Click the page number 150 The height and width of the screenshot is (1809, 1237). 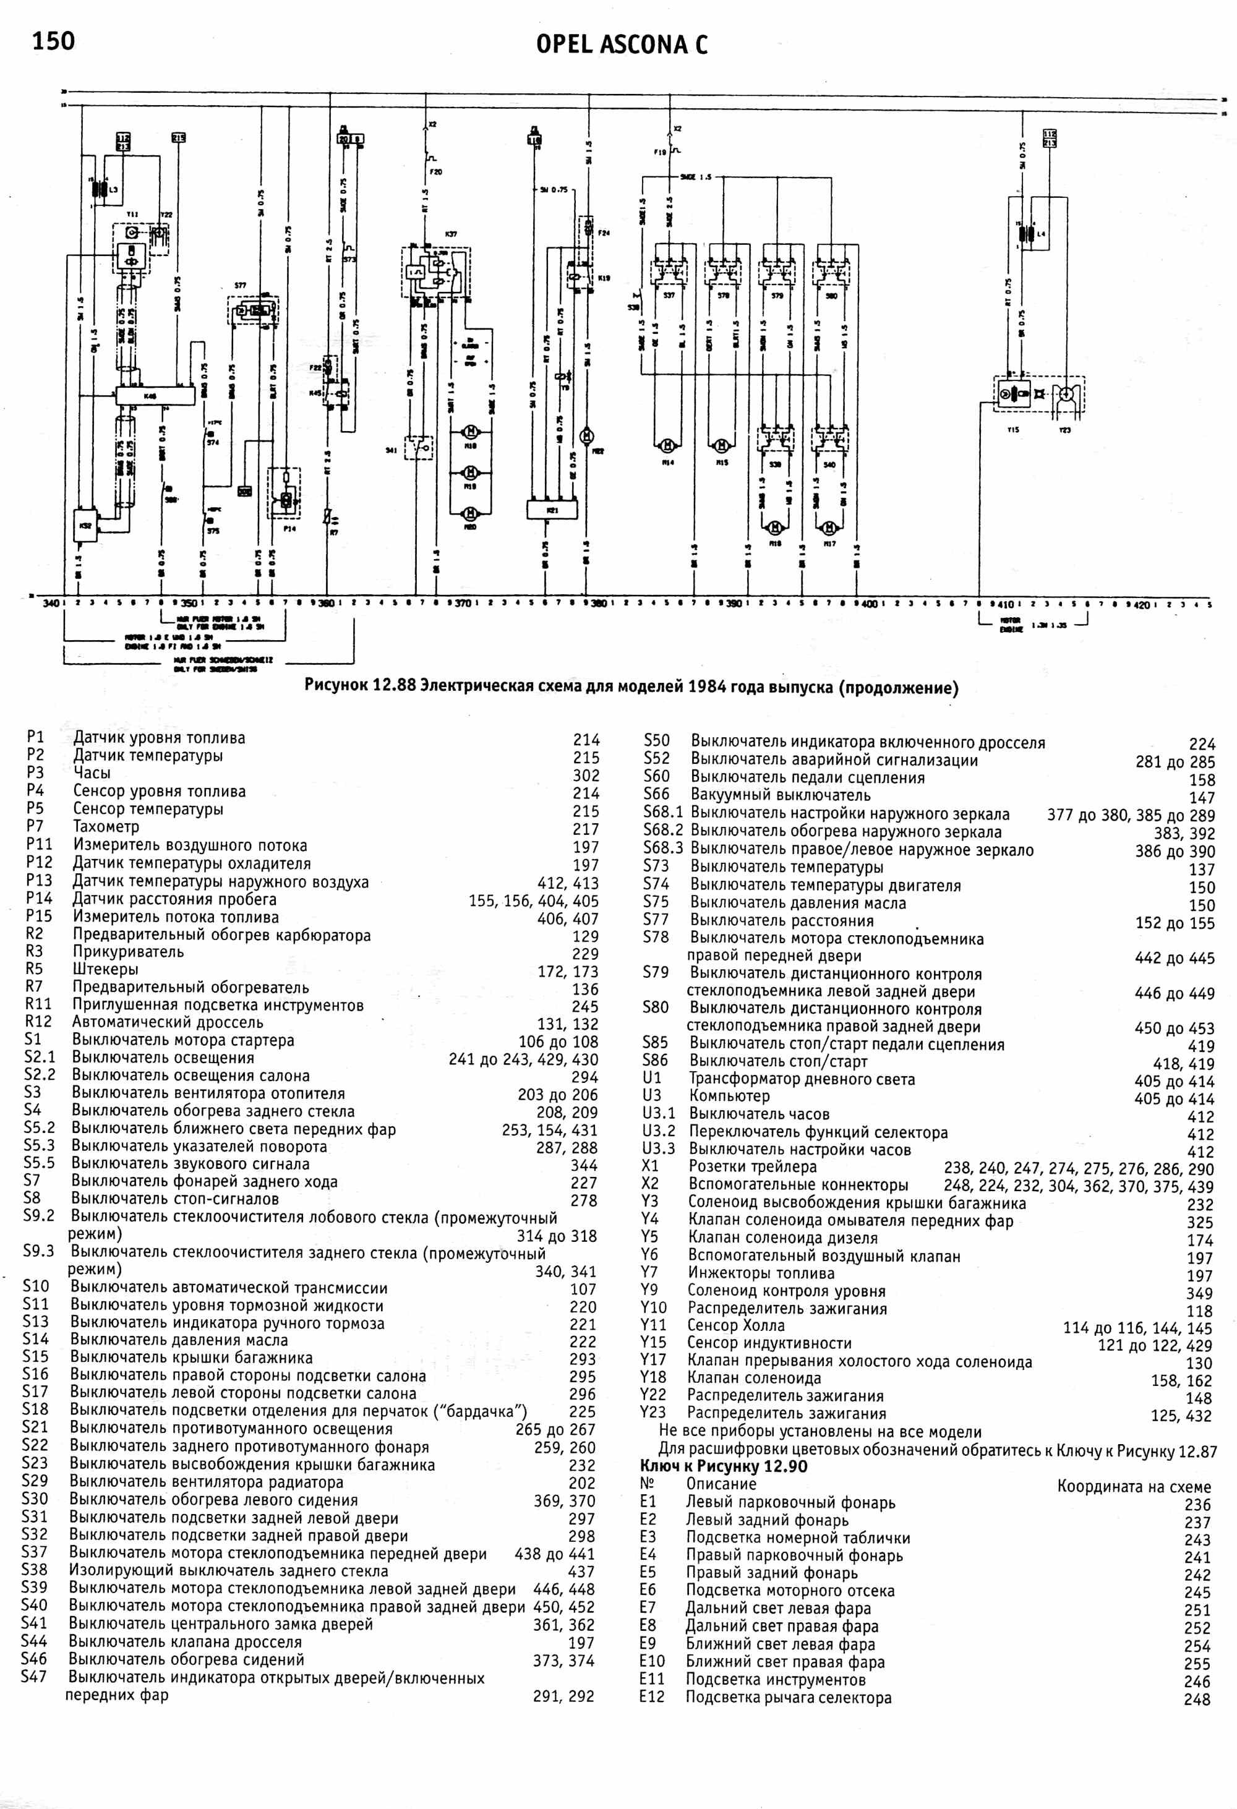click(53, 40)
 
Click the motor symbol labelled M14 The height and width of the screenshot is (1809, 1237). click(667, 445)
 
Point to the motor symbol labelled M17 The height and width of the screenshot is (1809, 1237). click(830, 527)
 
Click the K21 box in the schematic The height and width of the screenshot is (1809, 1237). click(552, 509)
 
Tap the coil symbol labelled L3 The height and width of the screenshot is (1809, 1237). click(100, 189)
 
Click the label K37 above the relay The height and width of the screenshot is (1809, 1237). click(451, 234)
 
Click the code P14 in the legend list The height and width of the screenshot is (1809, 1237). click(39, 898)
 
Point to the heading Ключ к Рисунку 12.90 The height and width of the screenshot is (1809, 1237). click(723, 1466)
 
